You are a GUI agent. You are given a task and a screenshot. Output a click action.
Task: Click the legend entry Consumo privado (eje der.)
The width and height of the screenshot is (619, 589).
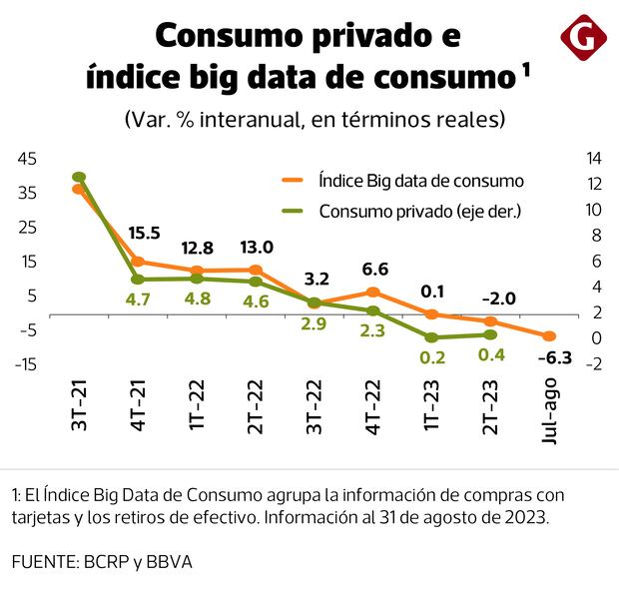point(420,211)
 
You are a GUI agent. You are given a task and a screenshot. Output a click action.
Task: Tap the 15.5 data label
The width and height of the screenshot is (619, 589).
point(145,233)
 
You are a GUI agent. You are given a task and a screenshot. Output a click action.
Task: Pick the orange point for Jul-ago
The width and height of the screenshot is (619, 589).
point(549,336)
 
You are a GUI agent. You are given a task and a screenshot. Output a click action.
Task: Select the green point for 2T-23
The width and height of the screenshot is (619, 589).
point(490,334)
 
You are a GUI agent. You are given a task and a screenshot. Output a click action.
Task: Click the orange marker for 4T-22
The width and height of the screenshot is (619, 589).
point(373,292)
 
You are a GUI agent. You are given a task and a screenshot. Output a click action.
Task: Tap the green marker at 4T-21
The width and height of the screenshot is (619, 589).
point(138,280)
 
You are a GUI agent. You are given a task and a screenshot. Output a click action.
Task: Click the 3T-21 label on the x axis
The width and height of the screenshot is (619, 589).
point(80,409)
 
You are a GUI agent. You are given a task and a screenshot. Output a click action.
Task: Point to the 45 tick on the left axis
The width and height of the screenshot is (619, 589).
point(27,158)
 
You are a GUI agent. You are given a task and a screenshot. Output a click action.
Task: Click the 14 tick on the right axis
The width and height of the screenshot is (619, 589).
point(593,158)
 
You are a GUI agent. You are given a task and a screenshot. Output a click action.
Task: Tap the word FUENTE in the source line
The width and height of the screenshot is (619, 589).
point(45,562)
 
